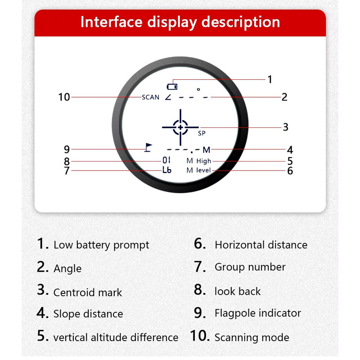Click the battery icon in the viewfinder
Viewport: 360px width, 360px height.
click(172, 86)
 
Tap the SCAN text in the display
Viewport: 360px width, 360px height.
click(150, 97)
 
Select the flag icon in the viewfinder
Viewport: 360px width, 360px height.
click(148, 148)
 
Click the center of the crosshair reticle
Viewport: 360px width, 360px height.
click(180, 127)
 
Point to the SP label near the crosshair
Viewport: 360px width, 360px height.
click(202, 133)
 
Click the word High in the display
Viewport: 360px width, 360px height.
click(204, 161)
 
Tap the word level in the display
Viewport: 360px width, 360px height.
click(203, 170)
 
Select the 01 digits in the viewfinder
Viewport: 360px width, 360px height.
click(166, 160)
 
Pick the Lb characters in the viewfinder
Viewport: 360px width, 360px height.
click(167, 170)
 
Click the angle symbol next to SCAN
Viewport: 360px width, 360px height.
click(168, 97)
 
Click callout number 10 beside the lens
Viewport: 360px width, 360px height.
click(64, 97)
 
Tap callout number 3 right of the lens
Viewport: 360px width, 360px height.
click(285, 127)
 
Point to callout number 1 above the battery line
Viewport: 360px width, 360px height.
click(270, 80)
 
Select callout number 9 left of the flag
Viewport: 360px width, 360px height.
click(67, 149)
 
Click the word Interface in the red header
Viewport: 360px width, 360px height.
click(111, 22)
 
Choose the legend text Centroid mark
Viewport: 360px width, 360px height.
click(88, 292)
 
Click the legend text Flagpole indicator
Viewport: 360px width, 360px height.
click(258, 313)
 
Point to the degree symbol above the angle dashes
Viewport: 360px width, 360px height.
click(198, 89)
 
